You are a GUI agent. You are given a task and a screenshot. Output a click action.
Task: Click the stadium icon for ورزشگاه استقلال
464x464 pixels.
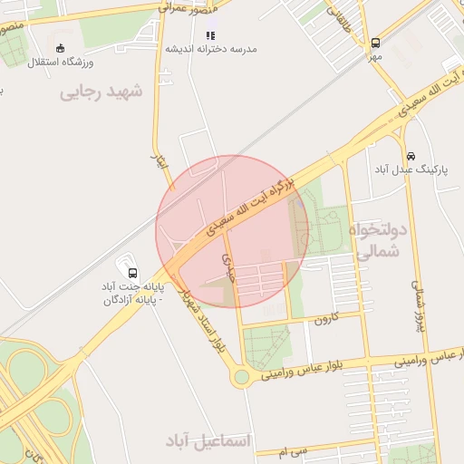(x=61, y=48)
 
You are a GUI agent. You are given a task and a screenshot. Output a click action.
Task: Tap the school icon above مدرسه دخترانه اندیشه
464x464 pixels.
(x=210, y=35)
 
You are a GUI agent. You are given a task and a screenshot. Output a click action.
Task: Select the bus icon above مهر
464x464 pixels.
(x=375, y=42)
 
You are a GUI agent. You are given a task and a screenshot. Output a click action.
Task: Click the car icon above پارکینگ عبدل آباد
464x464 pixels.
(x=411, y=155)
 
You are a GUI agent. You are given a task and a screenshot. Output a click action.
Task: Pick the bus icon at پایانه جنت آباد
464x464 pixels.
(x=133, y=273)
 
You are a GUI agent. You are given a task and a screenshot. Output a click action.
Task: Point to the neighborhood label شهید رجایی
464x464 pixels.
(x=101, y=92)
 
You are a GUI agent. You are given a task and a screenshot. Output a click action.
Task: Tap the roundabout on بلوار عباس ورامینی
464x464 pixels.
(x=241, y=376)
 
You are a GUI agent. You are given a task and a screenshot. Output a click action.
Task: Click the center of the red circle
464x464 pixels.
(x=232, y=232)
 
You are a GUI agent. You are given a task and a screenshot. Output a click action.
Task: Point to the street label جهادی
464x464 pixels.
(x=227, y=265)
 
